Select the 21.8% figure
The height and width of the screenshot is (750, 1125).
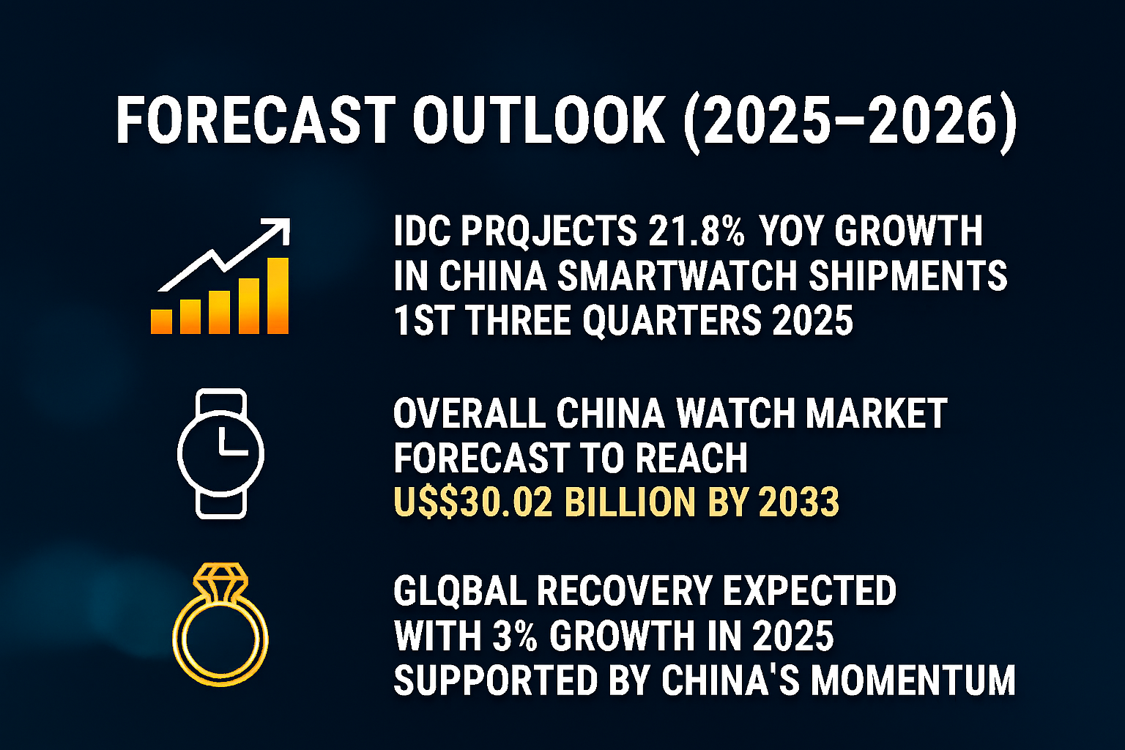tap(696, 231)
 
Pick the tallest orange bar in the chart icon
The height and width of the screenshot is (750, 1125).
tap(278, 296)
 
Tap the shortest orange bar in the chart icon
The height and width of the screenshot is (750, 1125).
tap(161, 322)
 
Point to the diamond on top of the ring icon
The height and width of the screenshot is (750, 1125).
tap(220, 578)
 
